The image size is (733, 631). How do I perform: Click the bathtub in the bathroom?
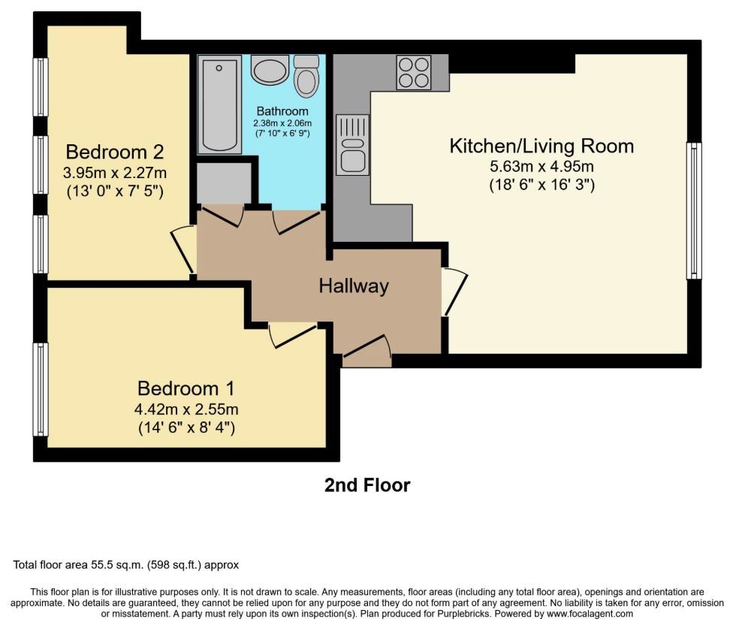pos(219,104)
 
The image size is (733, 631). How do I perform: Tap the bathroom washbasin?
pos(270,70)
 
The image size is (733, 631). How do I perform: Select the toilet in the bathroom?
pos(306,76)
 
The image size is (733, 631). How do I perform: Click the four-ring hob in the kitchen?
pos(414,72)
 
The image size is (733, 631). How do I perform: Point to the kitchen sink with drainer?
pos(352,145)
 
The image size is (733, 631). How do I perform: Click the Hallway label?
pos(354,285)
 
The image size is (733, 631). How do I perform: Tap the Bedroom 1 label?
pos(186,388)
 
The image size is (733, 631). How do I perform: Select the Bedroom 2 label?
pos(115,152)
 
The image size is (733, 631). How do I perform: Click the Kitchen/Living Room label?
pos(541,146)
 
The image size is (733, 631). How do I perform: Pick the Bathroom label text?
pos(282,111)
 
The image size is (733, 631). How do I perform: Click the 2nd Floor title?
pos(367,485)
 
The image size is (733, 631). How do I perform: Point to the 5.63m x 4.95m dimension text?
pos(541,167)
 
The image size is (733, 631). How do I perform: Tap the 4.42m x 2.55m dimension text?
pos(186,409)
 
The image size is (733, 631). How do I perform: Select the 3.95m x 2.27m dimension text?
pos(115,173)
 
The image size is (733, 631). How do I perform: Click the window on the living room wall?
pos(694,211)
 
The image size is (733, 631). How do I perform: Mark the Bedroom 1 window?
pos(41,390)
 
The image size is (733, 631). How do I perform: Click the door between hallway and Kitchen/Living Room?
pos(454,291)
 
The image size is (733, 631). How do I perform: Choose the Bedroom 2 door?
pos(184,249)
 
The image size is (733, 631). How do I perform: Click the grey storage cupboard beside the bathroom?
pos(224,183)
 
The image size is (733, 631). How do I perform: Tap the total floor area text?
pos(125,565)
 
